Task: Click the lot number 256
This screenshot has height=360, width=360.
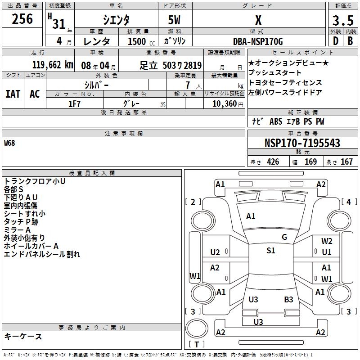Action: click(22, 19)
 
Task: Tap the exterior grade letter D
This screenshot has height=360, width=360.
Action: click(335, 41)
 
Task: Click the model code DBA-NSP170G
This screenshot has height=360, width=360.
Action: click(258, 41)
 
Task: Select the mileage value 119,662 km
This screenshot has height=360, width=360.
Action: click(53, 65)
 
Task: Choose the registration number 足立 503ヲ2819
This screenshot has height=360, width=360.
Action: click(170, 65)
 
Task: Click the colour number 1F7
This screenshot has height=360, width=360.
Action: click(74, 103)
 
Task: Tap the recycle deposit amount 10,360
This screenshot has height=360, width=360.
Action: click(223, 103)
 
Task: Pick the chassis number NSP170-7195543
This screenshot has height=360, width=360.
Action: click(302, 143)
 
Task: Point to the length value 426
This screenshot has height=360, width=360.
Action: click(273, 162)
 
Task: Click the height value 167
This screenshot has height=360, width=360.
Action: click(346, 162)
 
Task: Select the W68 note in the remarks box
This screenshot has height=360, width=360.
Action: click(9, 144)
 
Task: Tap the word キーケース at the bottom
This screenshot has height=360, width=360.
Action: click(23, 336)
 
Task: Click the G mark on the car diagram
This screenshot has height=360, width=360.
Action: click(284, 237)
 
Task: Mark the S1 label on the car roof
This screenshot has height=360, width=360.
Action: click(270, 251)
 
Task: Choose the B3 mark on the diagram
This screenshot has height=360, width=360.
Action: click(288, 299)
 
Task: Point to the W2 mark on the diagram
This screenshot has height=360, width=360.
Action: click(327, 241)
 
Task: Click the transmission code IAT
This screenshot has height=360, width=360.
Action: click(13, 94)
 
